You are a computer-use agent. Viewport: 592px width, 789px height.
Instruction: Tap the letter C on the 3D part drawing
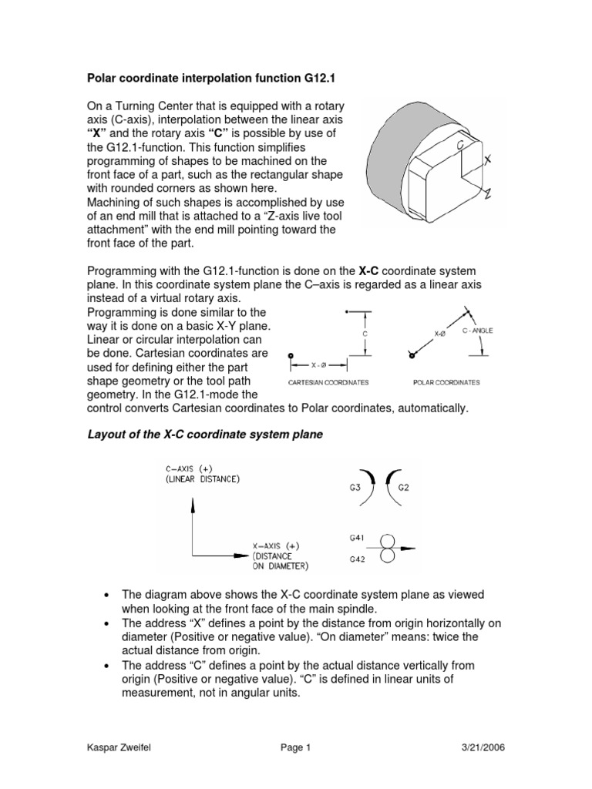(x=460, y=144)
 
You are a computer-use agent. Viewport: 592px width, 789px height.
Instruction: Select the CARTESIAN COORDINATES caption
(x=328, y=381)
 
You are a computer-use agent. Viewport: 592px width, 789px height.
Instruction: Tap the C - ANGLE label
(x=477, y=330)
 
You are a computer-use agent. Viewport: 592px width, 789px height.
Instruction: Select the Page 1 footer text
(x=295, y=747)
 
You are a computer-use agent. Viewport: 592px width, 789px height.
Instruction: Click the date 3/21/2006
(x=483, y=747)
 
